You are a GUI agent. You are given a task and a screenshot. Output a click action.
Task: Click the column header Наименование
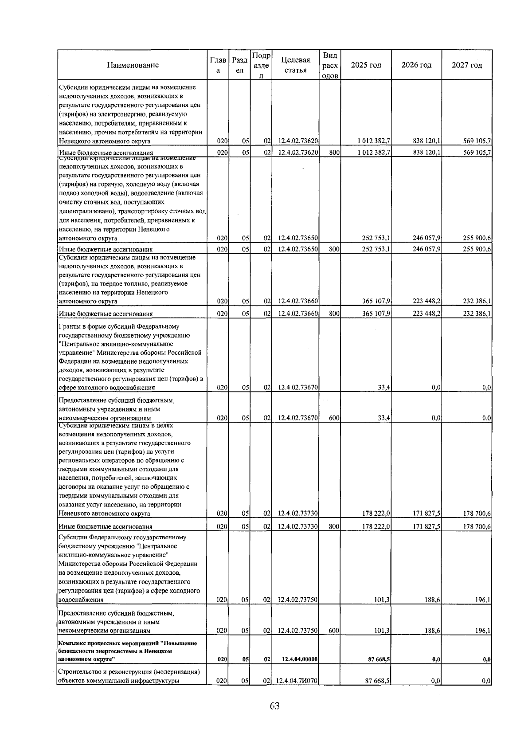tap(133, 65)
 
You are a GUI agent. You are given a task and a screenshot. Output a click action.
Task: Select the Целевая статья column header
tap(295, 65)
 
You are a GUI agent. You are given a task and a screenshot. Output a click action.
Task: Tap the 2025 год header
tap(366, 65)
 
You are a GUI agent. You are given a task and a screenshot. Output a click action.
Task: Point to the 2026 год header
tap(416, 65)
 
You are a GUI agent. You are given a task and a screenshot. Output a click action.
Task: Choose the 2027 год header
tap(467, 65)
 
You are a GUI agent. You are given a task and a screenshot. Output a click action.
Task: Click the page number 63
tap(274, 706)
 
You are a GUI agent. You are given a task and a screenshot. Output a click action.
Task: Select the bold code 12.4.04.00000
tap(299, 659)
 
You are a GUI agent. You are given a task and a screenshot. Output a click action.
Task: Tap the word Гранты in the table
tap(69, 327)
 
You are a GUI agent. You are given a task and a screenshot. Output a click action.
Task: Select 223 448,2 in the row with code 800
tap(426, 314)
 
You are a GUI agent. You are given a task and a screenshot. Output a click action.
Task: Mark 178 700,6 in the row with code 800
tap(477, 527)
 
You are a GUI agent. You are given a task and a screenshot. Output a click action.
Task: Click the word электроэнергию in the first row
tap(108, 114)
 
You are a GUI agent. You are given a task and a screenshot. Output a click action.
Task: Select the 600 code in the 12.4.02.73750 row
tap(335, 630)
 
